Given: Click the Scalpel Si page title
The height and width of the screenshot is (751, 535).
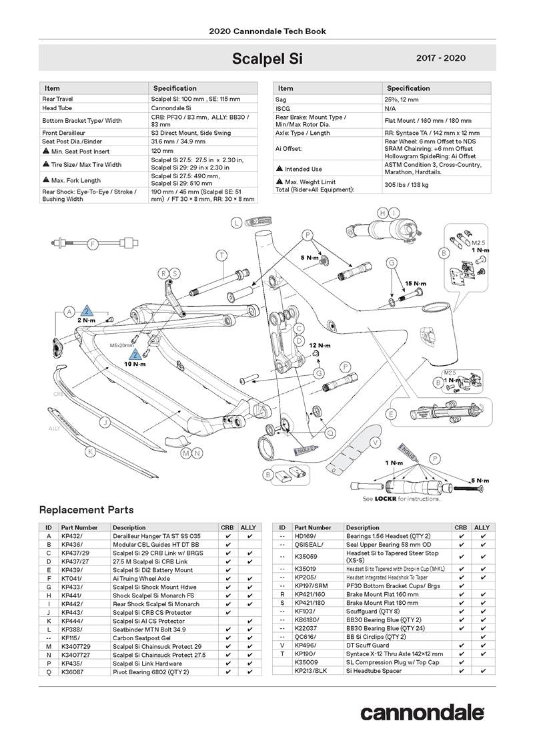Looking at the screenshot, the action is click(267, 59).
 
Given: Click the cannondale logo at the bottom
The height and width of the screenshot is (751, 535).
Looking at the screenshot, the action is click(422, 713).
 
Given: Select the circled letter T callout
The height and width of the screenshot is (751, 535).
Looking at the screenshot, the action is click(221, 256).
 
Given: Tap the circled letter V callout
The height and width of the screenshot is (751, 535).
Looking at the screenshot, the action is click(375, 442).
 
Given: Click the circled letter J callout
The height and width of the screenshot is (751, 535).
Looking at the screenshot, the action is click(104, 423).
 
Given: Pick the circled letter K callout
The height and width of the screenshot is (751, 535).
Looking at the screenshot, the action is click(90, 451).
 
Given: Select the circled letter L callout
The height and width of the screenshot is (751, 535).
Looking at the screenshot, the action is click(237, 223).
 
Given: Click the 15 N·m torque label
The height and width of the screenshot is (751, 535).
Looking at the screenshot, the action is click(416, 284).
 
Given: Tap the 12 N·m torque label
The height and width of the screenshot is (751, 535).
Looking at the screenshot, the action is click(320, 345).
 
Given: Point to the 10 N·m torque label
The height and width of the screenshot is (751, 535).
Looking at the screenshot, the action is click(135, 364).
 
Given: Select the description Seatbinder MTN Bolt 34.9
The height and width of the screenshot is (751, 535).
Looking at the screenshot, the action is click(149, 630).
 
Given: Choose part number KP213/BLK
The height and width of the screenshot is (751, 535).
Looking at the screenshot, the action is click(311, 671).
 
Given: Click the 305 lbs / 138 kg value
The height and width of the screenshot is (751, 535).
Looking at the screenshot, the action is click(407, 185).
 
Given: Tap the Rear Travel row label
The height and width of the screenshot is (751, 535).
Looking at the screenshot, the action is click(57, 99).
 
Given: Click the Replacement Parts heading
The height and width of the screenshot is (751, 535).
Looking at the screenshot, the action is click(86, 510).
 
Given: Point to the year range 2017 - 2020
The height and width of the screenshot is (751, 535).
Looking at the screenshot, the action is click(441, 58).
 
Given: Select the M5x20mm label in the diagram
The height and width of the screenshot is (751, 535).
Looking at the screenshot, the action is click(121, 345).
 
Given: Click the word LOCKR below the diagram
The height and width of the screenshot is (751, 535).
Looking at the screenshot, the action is click(386, 499).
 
